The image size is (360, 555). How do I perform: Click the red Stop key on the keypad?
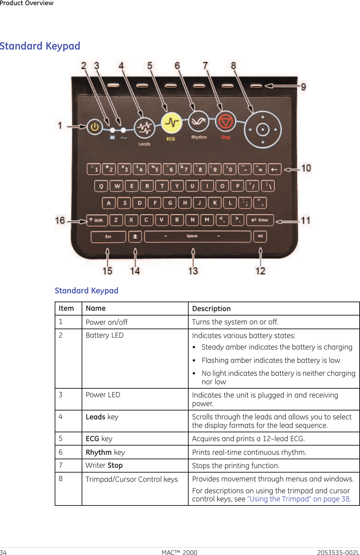click(225, 121)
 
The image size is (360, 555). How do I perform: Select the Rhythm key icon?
click(199, 121)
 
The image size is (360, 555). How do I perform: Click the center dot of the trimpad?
click(263, 130)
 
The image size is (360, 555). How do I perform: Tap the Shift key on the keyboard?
click(97, 220)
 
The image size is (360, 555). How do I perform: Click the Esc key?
click(108, 236)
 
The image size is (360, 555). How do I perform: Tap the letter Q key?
click(101, 186)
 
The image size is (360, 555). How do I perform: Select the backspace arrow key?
click(274, 169)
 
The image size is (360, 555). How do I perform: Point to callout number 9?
click(303, 87)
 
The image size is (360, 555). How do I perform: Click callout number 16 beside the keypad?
click(60, 221)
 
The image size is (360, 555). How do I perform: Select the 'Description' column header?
click(211, 309)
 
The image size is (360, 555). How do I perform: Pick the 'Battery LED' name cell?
click(104, 335)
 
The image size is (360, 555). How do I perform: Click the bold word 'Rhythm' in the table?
click(99, 452)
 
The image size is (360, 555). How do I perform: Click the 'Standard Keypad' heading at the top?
click(40, 46)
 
